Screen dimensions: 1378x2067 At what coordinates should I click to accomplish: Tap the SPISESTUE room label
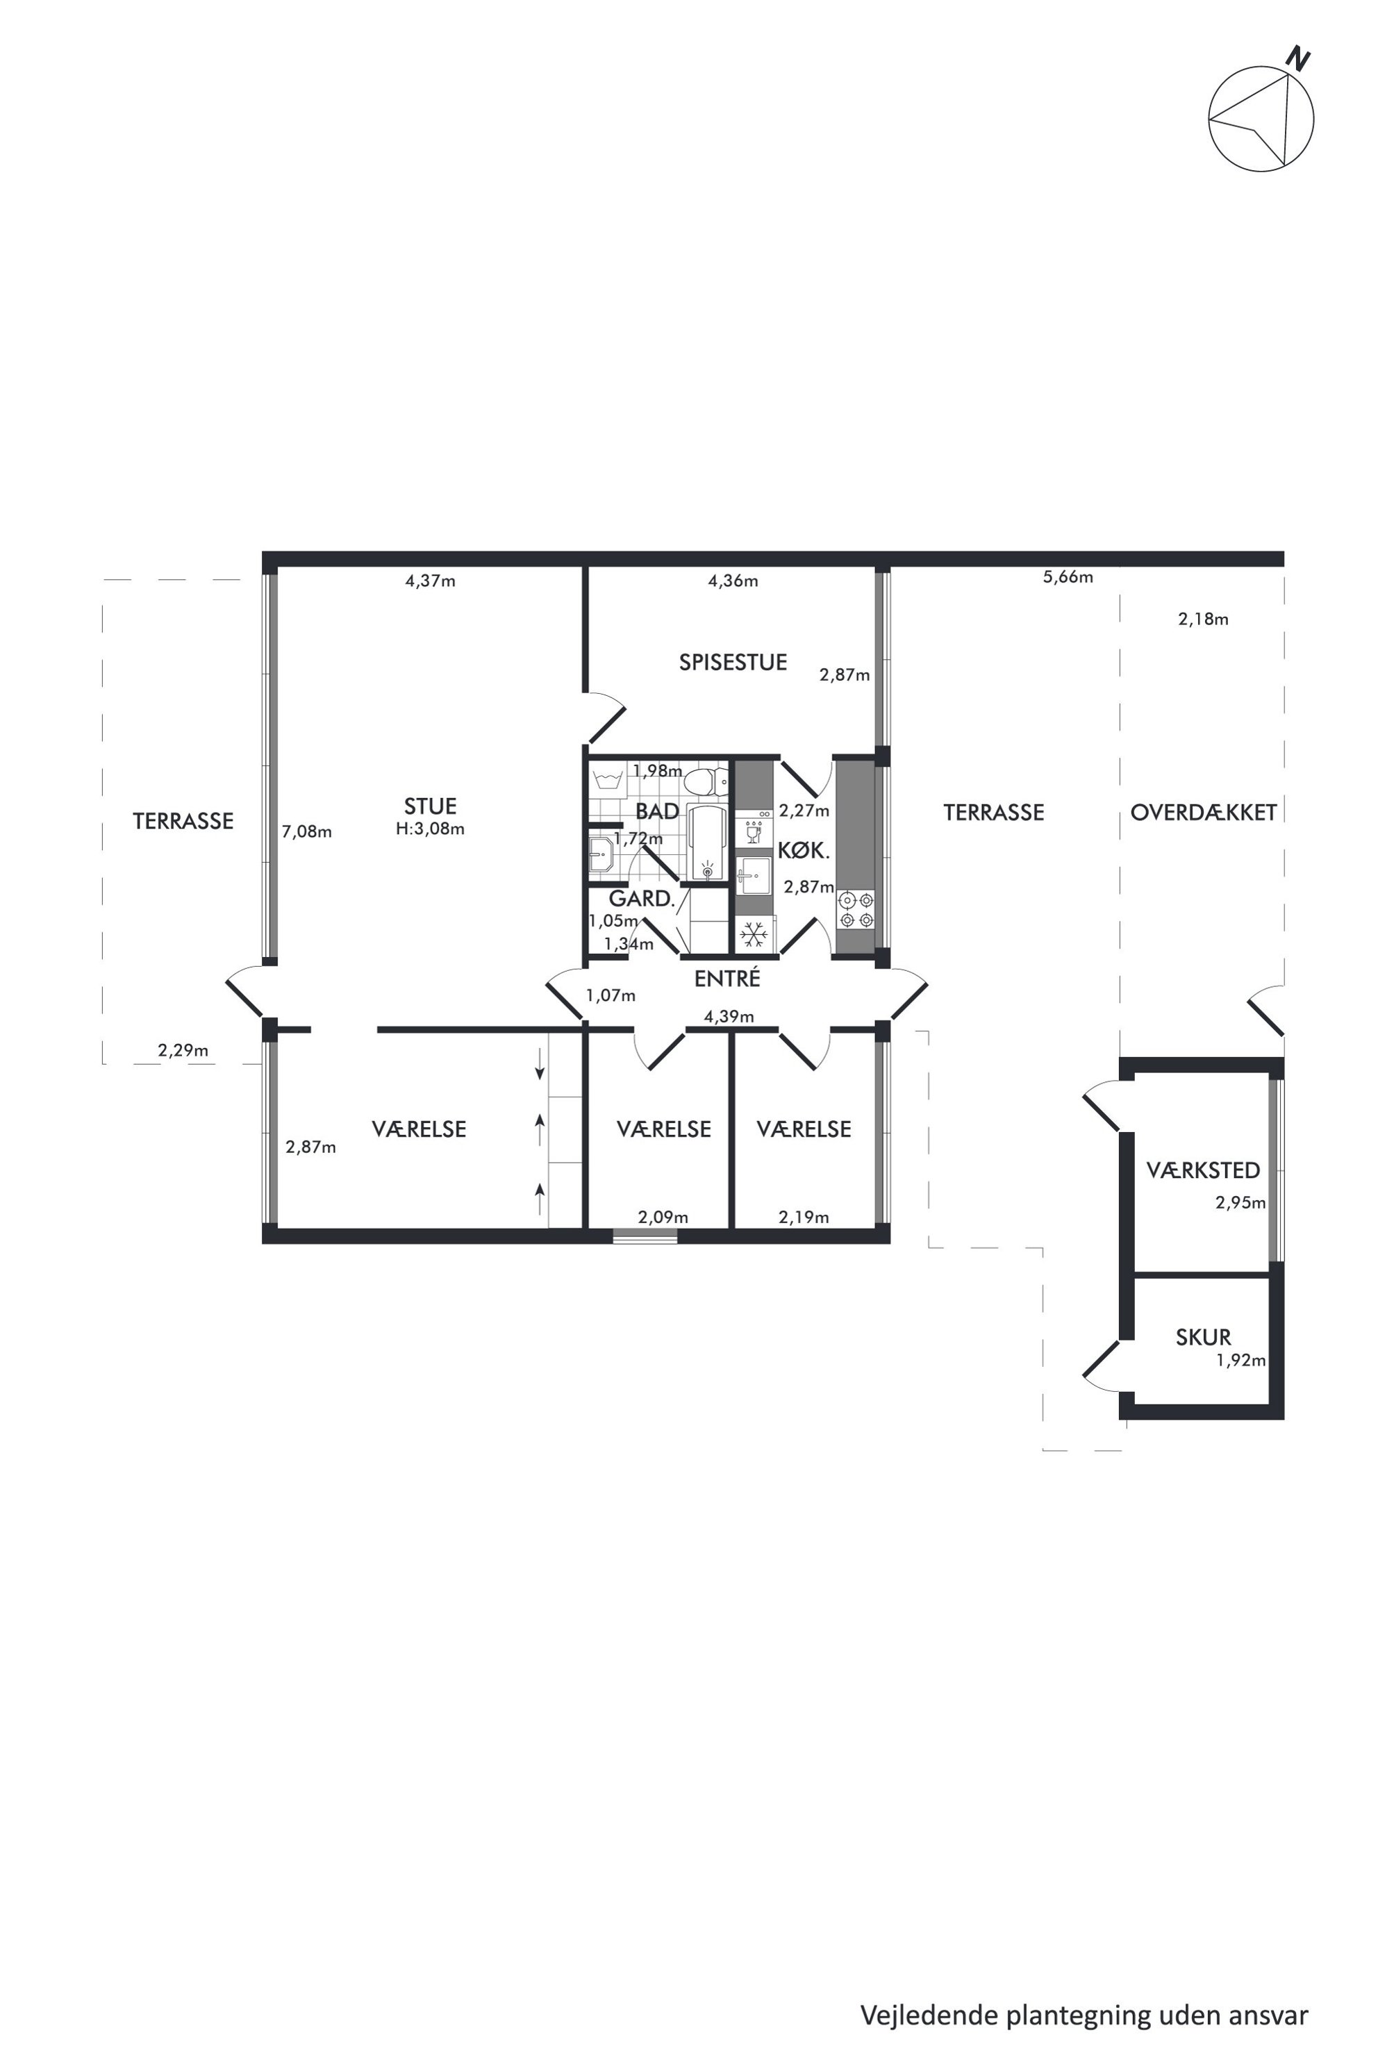point(733,663)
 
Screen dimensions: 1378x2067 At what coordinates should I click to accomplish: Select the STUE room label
point(431,806)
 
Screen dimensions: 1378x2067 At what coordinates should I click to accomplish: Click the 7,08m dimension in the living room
point(307,831)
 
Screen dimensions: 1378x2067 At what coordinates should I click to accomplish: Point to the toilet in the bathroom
point(708,781)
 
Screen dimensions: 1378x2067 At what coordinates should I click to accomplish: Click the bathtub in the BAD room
point(708,842)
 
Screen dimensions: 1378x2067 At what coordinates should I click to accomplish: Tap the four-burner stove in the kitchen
point(856,910)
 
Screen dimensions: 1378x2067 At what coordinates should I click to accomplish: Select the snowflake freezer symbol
point(753,935)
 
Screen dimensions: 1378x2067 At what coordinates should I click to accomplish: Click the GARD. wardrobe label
point(642,898)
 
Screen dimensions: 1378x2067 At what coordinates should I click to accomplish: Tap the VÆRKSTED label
point(1203,1170)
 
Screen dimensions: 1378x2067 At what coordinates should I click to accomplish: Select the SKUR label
point(1203,1338)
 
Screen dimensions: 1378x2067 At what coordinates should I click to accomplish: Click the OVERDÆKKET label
point(1203,813)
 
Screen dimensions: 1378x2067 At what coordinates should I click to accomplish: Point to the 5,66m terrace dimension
point(1068,577)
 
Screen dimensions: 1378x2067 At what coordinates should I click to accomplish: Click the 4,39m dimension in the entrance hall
point(729,1017)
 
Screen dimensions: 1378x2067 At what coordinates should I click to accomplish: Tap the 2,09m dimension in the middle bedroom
point(663,1217)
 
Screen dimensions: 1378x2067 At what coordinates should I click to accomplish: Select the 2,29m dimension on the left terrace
point(183,1050)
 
